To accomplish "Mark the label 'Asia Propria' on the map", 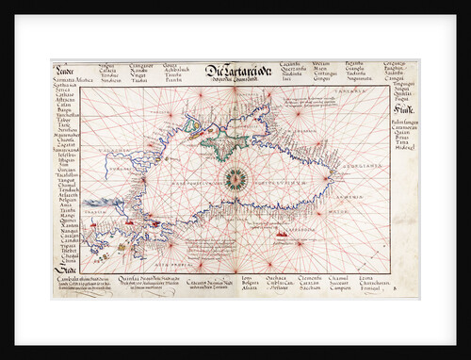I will tap(180, 266).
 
